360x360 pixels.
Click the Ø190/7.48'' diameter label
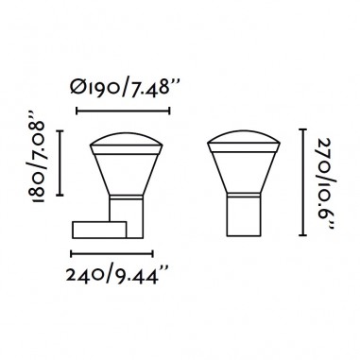(x=125, y=88)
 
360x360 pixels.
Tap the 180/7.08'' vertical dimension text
(x=39, y=157)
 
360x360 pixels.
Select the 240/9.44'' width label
(x=117, y=276)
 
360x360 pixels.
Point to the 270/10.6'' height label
(x=324, y=183)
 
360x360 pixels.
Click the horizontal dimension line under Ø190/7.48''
(x=123, y=111)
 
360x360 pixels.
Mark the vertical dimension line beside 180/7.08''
(x=60, y=163)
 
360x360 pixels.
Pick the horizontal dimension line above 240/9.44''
(x=112, y=253)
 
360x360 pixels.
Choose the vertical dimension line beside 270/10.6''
(x=302, y=182)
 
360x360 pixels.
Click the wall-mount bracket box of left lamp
(x=99, y=230)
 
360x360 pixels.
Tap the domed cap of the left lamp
(x=127, y=140)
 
